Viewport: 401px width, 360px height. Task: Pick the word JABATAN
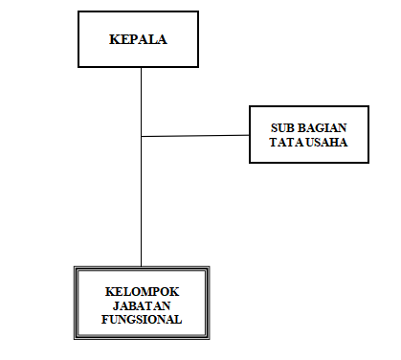pos(142,305)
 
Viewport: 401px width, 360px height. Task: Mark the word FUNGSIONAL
pos(142,319)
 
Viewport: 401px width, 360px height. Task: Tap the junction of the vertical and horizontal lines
pos(142,137)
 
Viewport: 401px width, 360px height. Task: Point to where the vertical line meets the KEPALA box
pos(142,67)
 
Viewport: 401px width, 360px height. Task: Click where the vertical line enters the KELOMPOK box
pos(142,266)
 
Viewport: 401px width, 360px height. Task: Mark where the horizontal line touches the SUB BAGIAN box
pos(249,135)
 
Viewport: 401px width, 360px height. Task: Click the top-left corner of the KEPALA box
pos(78,14)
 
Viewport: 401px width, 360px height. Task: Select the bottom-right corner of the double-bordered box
pos(208,338)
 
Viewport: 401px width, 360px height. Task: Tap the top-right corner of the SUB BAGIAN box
pos(368,105)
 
